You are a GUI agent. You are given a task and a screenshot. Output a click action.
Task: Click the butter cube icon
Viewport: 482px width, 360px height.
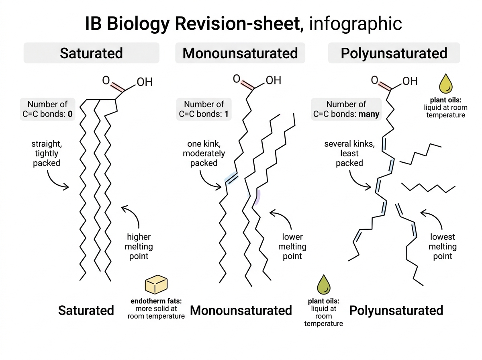[x=156, y=284]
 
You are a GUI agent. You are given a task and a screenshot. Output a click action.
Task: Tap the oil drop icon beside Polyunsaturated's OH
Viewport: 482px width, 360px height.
[x=445, y=84]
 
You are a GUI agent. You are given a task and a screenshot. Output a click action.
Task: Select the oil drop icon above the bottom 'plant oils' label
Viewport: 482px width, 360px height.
[x=324, y=284]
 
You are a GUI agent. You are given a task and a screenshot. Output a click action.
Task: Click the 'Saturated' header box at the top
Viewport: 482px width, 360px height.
[x=91, y=53]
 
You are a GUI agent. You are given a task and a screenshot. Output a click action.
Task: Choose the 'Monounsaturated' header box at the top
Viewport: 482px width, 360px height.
[x=240, y=53]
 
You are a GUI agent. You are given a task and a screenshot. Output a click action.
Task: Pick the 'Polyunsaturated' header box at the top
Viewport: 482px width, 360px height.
[x=394, y=53]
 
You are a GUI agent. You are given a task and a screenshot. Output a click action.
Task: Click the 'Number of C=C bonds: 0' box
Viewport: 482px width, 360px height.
[x=47, y=109]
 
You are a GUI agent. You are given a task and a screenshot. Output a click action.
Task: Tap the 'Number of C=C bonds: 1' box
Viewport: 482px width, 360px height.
[x=204, y=109]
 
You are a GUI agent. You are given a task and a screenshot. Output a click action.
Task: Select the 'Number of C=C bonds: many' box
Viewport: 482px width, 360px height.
[x=346, y=109]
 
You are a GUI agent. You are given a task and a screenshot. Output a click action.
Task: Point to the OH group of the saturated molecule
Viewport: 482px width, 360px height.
[x=145, y=82]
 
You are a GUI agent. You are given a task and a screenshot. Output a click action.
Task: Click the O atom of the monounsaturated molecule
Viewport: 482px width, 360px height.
[x=236, y=79]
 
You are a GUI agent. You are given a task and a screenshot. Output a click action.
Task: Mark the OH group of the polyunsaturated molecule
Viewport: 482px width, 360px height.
[x=410, y=81]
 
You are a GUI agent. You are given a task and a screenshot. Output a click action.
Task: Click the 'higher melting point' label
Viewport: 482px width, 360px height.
[x=139, y=246]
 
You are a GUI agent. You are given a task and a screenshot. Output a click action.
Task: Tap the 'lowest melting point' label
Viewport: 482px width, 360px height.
[x=443, y=246]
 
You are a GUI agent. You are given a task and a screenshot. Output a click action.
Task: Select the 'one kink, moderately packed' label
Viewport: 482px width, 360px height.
[x=204, y=153]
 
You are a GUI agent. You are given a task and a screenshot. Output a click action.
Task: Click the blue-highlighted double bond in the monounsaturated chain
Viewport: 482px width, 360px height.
[x=231, y=178]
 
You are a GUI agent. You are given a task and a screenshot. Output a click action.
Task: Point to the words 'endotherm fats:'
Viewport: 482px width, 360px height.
[x=156, y=301]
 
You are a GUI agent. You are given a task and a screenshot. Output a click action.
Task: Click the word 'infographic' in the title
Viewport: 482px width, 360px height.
[x=355, y=23]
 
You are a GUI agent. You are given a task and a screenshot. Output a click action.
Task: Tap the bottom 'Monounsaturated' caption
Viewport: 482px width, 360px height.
[x=241, y=310]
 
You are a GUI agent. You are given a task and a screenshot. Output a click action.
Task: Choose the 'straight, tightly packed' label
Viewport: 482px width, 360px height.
[x=47, y=153]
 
